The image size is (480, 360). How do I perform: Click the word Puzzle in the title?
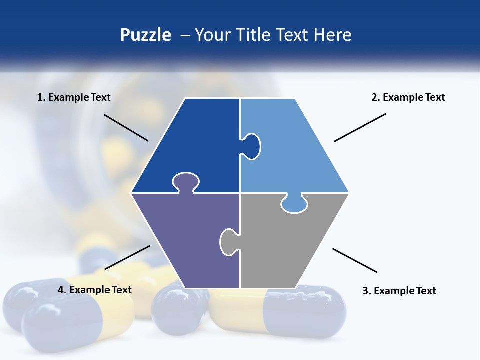[145, 35]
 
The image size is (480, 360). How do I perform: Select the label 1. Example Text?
[74, 97]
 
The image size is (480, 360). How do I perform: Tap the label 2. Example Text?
[408, 97]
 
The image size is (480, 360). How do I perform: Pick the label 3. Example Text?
[399, 291]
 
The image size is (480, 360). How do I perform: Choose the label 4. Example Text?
[94, 290]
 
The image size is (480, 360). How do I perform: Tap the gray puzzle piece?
[285, 245]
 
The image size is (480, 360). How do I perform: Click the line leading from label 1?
[126, 127]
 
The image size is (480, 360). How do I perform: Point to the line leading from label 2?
[360, 127]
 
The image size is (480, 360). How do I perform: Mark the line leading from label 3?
[355, 260]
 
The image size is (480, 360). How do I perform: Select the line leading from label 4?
[127, 257]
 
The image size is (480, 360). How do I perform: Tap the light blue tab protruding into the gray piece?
[294, 204]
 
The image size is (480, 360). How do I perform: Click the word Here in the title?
[332, 35]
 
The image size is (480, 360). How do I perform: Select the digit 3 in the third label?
[365, 291]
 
